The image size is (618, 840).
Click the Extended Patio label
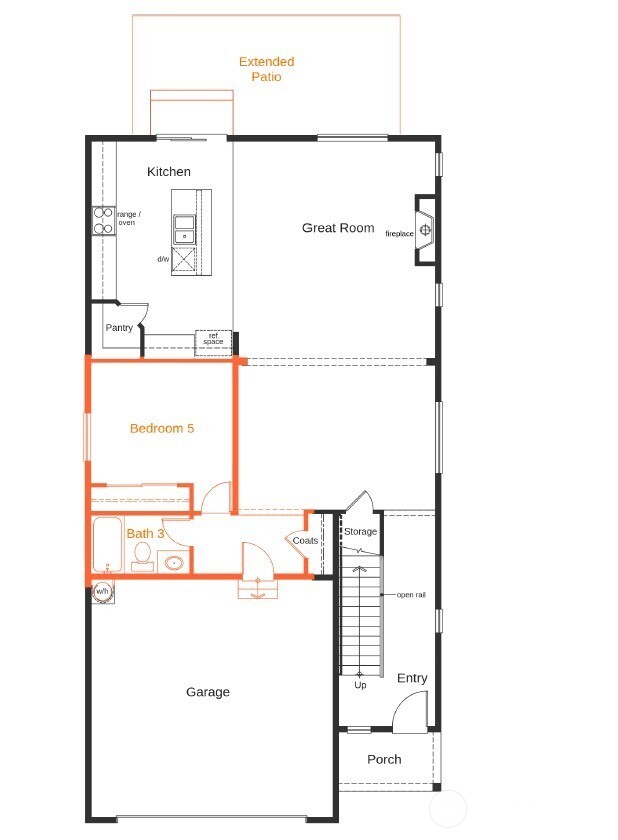(266, 69)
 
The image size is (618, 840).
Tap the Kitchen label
(168, 172)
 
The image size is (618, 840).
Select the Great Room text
(338, 228)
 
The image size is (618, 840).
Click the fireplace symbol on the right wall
(426, 232)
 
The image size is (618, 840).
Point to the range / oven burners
(102, 220)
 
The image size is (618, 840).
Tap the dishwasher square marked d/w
(185, 259)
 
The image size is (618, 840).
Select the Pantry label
(119, 328)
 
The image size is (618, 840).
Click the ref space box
(213, 340)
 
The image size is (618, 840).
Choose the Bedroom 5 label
(161, 428)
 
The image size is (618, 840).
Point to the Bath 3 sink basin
(174, 562)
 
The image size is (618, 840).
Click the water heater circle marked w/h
(102, 592)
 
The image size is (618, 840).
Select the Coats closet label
(305, 541)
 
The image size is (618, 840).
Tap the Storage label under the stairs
(360, 531)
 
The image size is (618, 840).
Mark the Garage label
(208, 692)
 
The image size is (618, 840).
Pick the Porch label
(384, 759)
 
